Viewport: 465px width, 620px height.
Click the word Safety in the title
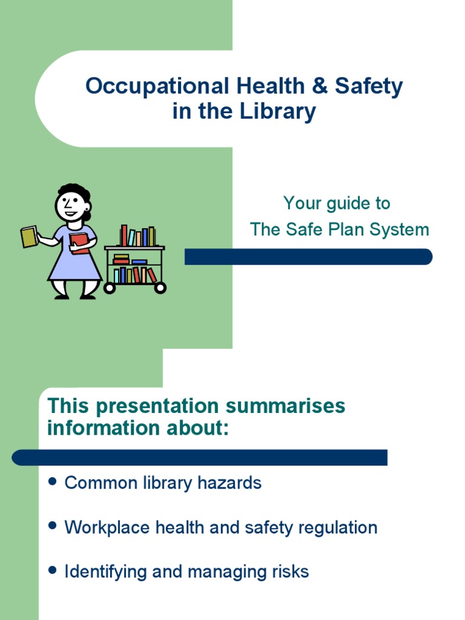click(x=368, y=87)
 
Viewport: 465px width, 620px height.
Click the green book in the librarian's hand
click(x=29, y=236)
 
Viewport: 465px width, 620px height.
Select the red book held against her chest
click(x=79, y=242)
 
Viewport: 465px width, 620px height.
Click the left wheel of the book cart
click(x=110, y=288)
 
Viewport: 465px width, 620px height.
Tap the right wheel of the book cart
click(x=160, y=288)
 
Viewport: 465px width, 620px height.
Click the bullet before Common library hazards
click(x=52, y=482)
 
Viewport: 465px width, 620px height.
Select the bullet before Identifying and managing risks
click(x=52, y=571)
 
